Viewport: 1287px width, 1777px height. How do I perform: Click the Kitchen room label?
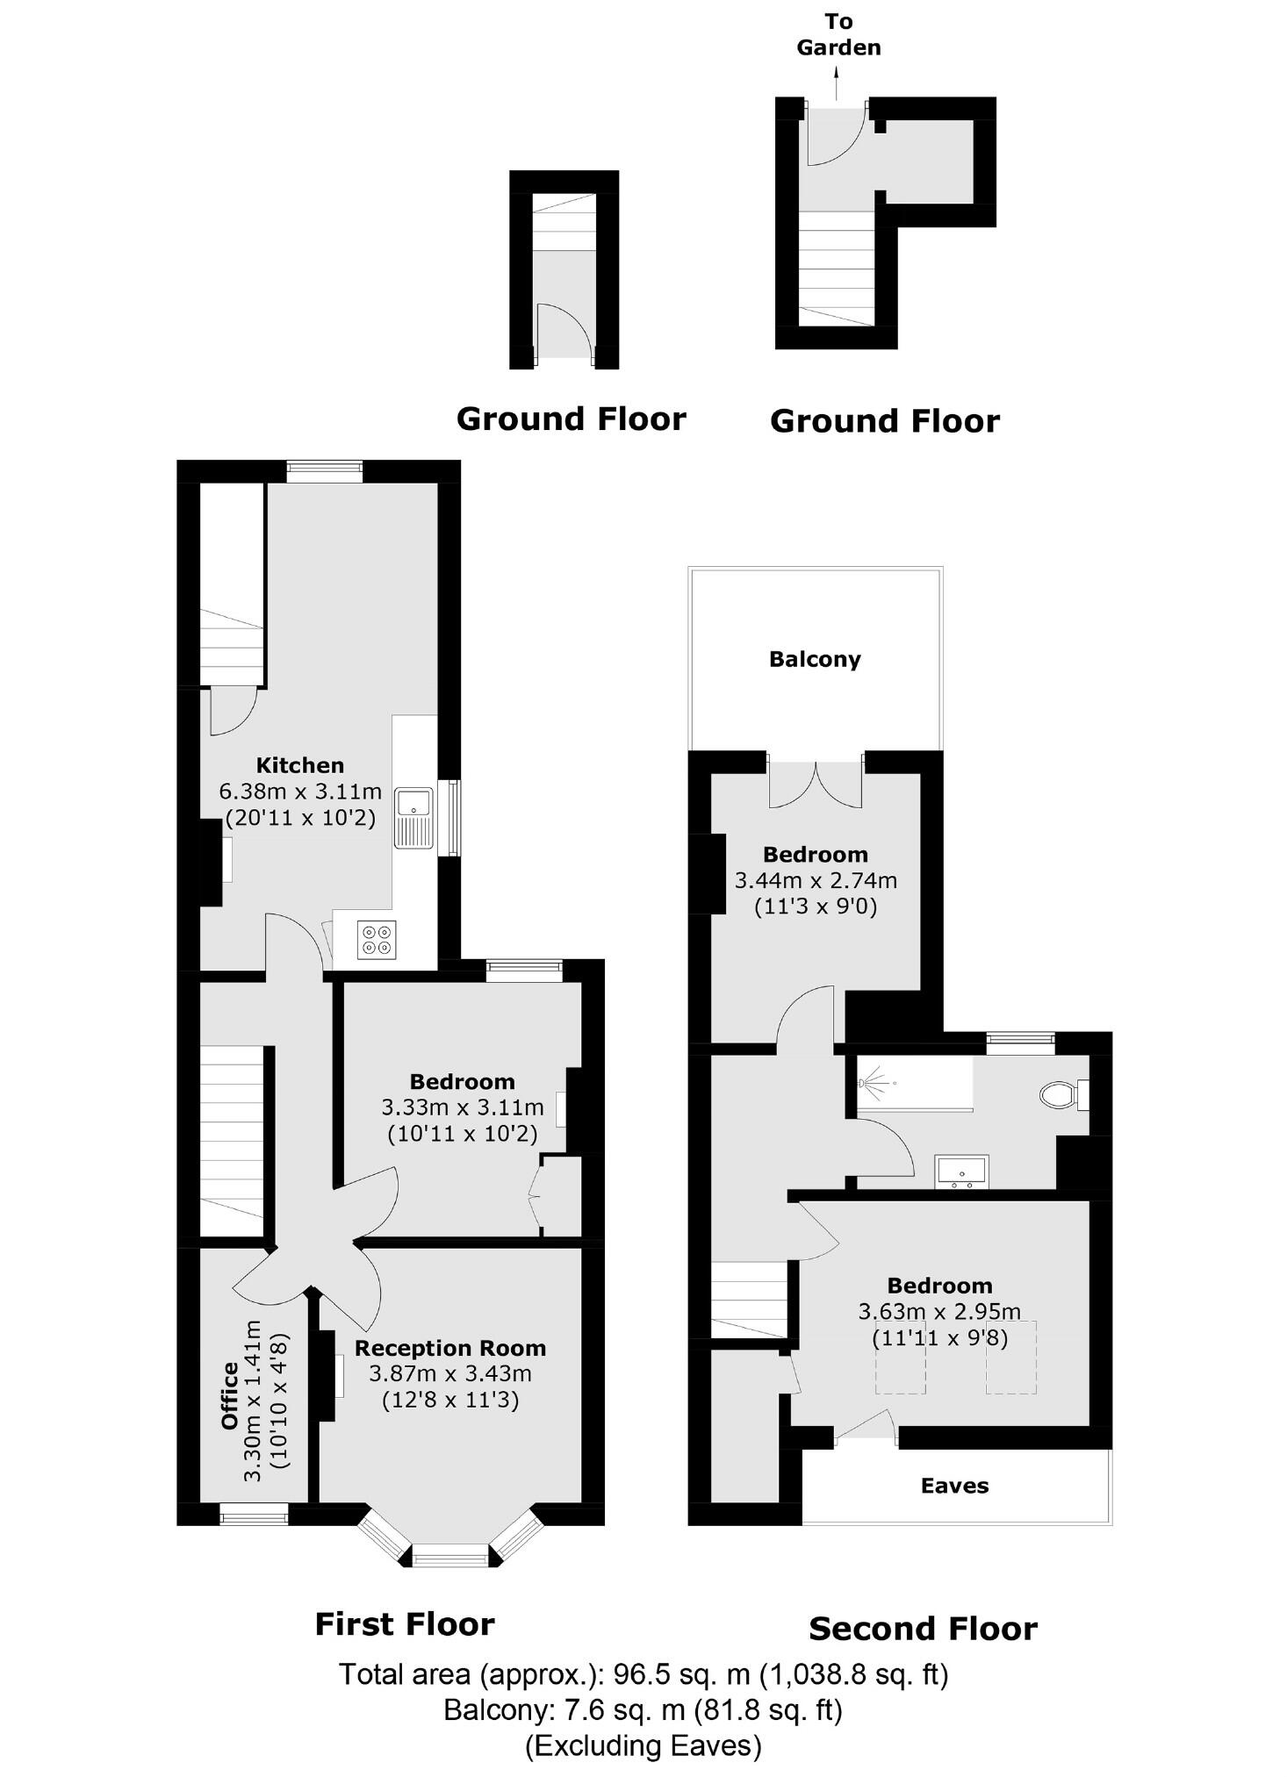[x=299, y=764]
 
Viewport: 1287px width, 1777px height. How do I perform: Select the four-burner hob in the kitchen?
[x=377, y=940]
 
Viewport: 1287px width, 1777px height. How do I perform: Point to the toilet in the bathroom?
[x=1057, y=1094]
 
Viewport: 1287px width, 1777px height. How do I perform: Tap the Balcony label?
[x=815, y=659]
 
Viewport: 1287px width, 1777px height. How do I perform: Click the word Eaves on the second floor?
[x=954, y=1486]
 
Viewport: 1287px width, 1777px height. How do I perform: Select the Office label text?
[x=230, y=1395]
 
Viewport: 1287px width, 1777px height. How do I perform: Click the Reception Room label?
[x=449, y=1348]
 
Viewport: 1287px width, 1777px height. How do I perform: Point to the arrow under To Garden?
[x=837, y=85]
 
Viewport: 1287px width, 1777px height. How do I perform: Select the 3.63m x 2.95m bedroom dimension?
[x=938, y=1312]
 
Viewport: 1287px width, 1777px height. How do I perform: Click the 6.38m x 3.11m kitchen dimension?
[x=299, y=792]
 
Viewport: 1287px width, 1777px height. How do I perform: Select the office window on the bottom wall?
[x=254, y=1514]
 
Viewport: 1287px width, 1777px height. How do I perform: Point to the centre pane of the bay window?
[x=450, y=1558]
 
